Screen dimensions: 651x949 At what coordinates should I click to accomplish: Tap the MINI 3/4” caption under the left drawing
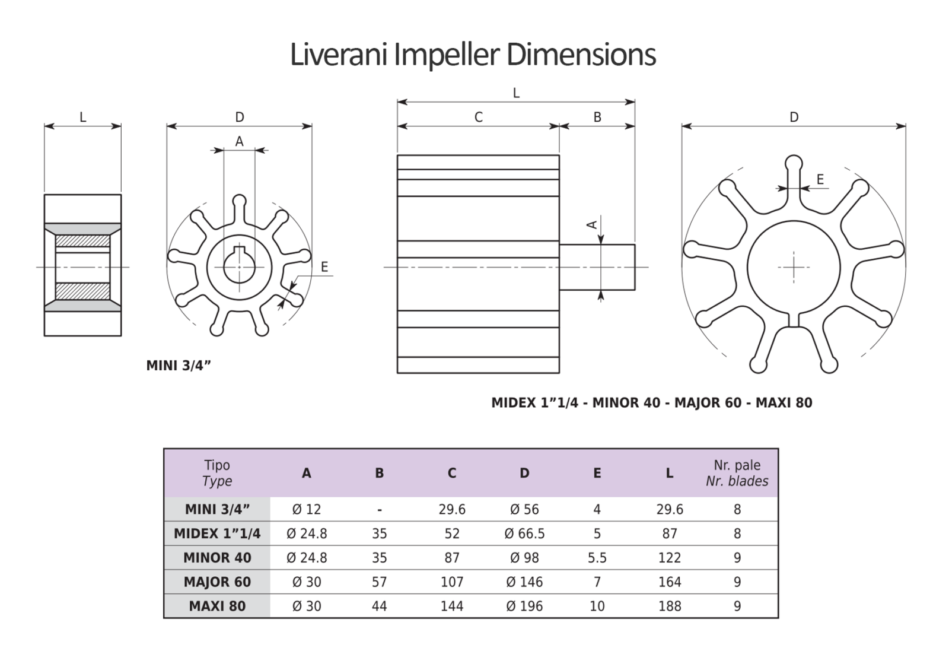179,366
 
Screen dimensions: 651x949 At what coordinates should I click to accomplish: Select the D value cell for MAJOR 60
524,582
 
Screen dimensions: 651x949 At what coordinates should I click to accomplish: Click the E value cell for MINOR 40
597,557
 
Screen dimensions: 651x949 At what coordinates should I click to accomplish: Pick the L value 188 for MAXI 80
669,606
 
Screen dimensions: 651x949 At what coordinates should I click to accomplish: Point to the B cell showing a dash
379,509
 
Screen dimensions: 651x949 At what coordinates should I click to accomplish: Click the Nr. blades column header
737,473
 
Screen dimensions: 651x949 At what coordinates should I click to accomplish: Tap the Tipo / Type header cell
217,473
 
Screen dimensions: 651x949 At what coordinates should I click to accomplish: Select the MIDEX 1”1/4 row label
217,533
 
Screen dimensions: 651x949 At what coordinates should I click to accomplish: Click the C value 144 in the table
452,606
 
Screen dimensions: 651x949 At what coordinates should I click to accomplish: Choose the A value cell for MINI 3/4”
306,509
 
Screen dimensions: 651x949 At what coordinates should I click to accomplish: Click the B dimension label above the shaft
597,118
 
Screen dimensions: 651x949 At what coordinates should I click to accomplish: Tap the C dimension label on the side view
478,118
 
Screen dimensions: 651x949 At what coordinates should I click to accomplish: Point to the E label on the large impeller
820,179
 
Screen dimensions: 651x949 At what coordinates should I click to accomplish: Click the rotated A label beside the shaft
591,224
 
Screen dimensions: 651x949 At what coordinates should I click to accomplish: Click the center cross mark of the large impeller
794,267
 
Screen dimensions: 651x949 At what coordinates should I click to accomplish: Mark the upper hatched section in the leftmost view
82,241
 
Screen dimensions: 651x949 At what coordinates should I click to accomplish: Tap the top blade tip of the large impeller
794,163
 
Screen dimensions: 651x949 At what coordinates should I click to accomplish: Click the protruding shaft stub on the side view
597,267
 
